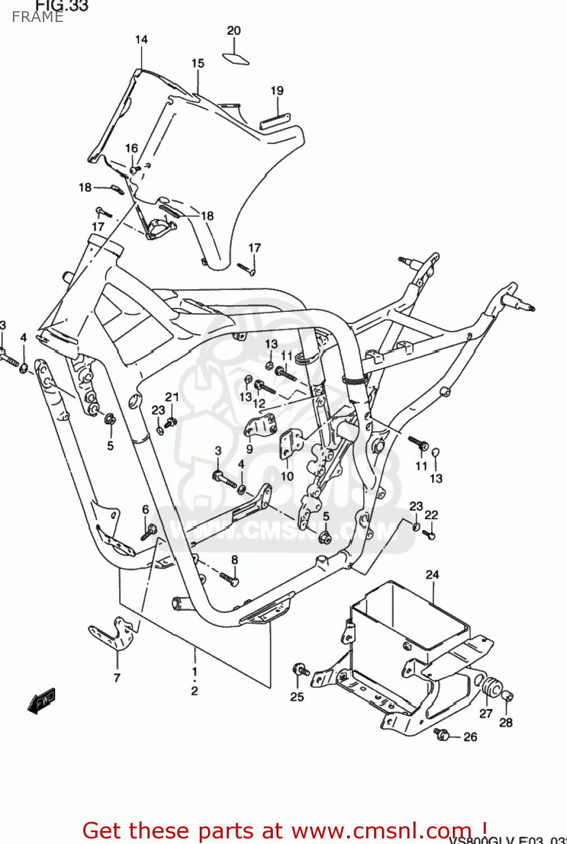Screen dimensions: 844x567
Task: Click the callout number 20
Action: click(234, 31)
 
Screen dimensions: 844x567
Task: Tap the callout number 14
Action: click(141, 39)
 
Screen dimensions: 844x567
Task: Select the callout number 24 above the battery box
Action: click(432, 574)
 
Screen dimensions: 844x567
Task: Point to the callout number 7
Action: click(117, 677)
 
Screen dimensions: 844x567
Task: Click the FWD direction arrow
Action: click(42, 701)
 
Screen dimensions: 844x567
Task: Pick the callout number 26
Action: click(470, 737)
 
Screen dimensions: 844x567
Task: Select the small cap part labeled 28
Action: click(507, 698)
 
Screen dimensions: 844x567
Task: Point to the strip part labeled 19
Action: click(274, 122)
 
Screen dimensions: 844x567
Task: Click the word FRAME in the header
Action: click(38, 17)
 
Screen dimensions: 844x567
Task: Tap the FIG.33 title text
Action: click(62, 6)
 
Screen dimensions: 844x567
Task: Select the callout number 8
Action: click(235, 559)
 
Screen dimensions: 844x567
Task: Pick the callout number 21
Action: click(172, 397)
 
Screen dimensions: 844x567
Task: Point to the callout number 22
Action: click(431, 515)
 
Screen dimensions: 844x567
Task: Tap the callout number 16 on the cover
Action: click(131, 148)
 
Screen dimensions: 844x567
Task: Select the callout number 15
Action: click(197, 63)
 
